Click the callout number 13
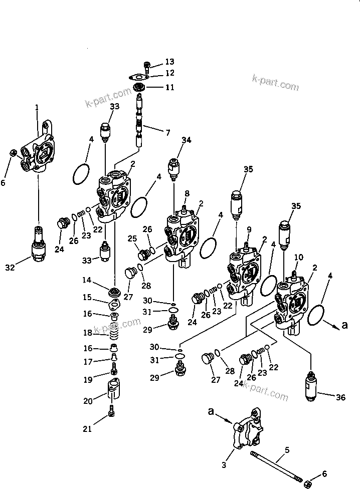tap(170, 62)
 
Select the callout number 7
tap(167, 132)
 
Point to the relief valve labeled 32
tap(38, 244)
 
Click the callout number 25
tap(132, 237)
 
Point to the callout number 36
tap(341, 398)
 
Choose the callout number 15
tap(87, 298)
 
